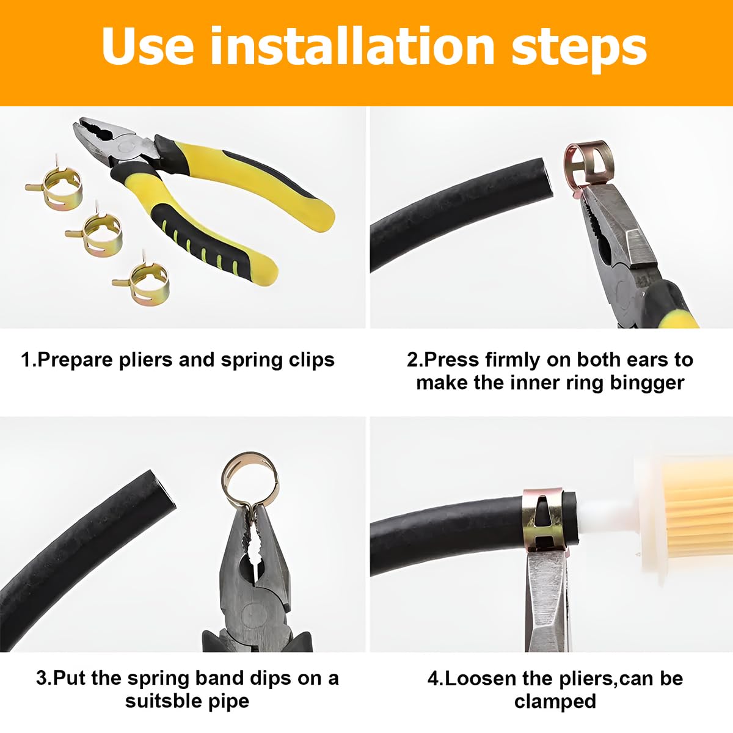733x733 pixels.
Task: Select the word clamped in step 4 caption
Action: [555, 701]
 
